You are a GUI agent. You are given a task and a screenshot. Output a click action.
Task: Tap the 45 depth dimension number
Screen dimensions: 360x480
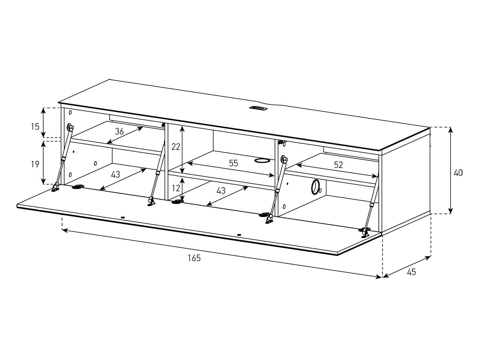[x=411, y=272]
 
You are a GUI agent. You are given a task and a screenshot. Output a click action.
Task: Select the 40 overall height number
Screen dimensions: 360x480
[x=458, y=173]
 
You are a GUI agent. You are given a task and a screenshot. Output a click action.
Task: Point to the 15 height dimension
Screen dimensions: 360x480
[x=35, y=127]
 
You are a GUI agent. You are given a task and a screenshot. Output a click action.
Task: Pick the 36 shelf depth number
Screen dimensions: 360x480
[x=119, y=131]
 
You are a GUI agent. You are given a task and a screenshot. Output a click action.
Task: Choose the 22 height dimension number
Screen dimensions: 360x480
[x=176, y=147]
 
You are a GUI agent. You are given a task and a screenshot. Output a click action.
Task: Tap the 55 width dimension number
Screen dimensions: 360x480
[x=234, y=163]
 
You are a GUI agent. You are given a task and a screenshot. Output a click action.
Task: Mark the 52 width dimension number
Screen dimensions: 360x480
[x=338, y=164]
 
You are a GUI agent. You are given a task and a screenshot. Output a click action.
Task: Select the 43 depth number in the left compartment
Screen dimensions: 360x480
[x=115, y=174]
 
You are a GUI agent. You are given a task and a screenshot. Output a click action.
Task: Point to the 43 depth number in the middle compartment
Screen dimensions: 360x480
[x=220, y=191]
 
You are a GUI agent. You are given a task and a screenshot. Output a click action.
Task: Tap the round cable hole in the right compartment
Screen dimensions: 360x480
[x=315, y=187]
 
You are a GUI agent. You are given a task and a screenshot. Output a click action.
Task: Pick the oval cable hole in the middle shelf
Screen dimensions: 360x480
[x=262, y=161]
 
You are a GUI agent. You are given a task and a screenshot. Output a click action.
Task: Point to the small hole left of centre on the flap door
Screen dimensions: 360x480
[x=122, y=218]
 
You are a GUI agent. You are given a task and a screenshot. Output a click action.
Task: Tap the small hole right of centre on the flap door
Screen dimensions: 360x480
[x=239, y=235]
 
